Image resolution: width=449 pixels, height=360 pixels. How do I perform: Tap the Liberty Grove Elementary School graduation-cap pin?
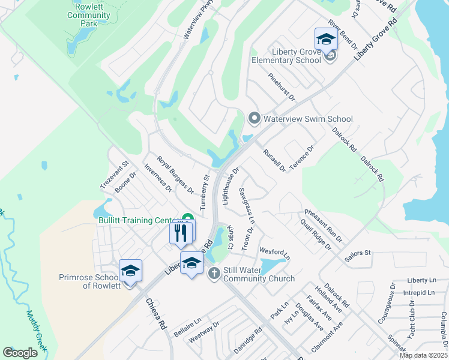click(326, 39)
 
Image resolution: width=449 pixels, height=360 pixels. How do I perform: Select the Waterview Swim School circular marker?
click(254, 118)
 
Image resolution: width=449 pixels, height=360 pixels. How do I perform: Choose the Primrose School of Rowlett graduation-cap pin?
click(130, 271)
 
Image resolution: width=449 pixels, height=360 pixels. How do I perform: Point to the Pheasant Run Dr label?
click(323, 225)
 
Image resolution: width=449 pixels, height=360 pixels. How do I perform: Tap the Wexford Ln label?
click(274, 253)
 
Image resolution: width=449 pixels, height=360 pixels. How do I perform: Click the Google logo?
click(20, 353)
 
